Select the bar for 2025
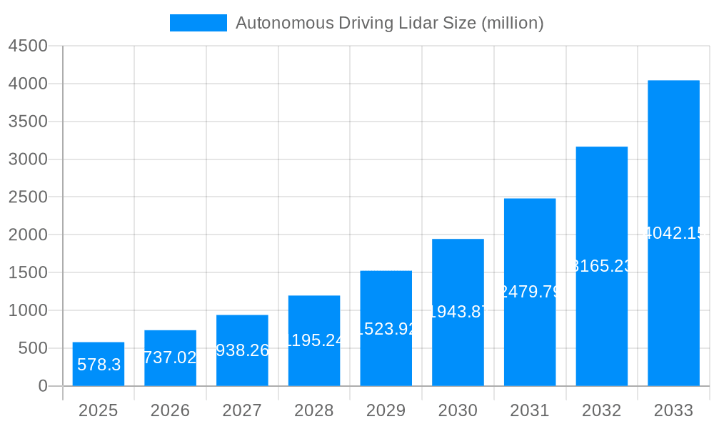(x=99, y=365)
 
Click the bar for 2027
(x=242, y=350)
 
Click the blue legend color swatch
(x=198, y=23)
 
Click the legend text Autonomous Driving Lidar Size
(x=389, y=23)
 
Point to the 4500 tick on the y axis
(x=28, y=46)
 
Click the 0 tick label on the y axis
(x=42, y=386)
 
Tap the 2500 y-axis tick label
(x=28, y=197)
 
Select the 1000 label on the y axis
(x=28, y=310)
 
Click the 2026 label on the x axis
(x=170, y=410)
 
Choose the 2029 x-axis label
(x=386, y=410)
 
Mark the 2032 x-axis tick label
(x=601, y=410)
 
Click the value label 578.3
(x=99, y=365)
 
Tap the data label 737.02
(x=170, y=357)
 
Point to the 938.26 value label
(x=242, y=350)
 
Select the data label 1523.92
(x=386, y=329)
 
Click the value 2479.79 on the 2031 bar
(x=530, y=292)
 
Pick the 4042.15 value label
(x=674, y=233)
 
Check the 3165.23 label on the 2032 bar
(x=602, y=266)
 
